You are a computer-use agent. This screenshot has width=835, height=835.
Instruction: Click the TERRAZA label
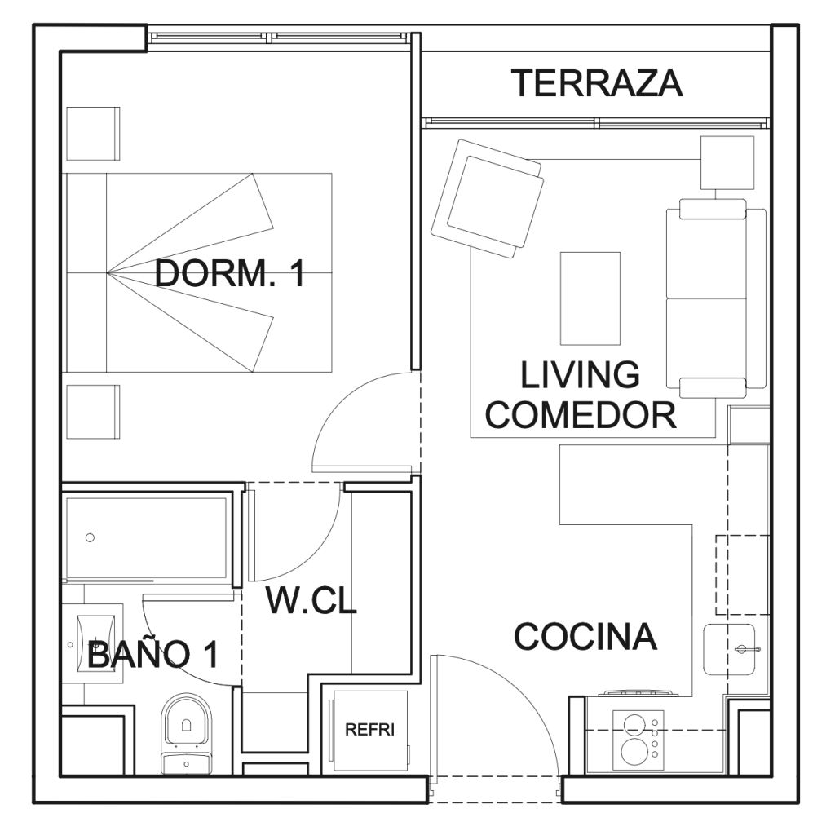pos(597,84)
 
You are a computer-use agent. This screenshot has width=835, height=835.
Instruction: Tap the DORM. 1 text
pos(230,274)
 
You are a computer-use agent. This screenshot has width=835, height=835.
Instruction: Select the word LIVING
pos(580,374)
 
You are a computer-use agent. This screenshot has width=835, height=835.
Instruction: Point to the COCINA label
pos(585,636)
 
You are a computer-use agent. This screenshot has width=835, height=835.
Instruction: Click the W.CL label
pos(311,600)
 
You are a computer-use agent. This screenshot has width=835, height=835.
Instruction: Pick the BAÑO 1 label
pos(152,655)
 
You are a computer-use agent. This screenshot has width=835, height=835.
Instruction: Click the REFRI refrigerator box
pos(371,731)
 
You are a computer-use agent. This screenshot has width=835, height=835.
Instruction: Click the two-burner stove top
pos(638,740)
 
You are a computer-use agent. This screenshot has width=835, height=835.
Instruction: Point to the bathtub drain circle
pos(90,538)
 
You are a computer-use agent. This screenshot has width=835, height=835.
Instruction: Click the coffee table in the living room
pos(590,298)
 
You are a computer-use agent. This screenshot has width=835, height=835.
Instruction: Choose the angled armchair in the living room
pos(488,199)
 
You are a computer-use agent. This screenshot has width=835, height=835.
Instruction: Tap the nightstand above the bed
pos(93,134)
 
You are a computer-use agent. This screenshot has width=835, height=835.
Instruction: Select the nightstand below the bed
pos(93,412)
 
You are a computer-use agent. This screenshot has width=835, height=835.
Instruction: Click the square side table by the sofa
pos(727,163)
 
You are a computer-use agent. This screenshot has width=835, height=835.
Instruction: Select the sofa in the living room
pos(716,298)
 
